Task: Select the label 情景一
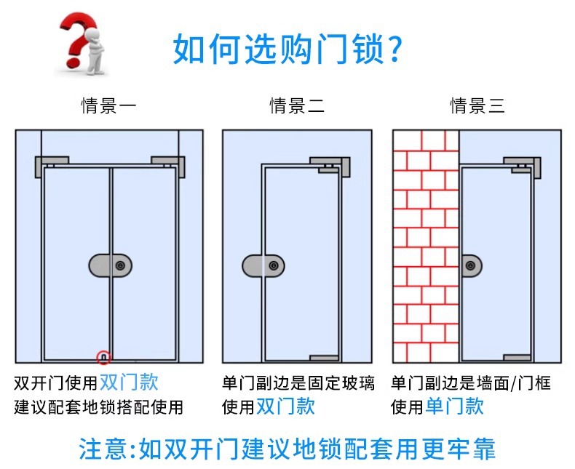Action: coord(108,106)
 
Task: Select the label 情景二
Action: coord(297,106)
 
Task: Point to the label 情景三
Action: coord(477,106)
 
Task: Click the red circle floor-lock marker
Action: coord(103,356)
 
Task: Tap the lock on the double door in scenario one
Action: coord(111,266)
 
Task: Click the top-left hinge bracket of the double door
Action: coord(52,166)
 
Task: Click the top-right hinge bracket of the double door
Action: coord(168,166)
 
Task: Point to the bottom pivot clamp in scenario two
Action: coord(325,358)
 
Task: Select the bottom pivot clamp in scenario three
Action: coord(517,358)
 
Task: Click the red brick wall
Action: coord(425,247)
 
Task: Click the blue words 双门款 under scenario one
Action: coord(129,382)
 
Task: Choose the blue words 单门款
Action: coord(455,406)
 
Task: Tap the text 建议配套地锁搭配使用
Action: coord(99,406)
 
